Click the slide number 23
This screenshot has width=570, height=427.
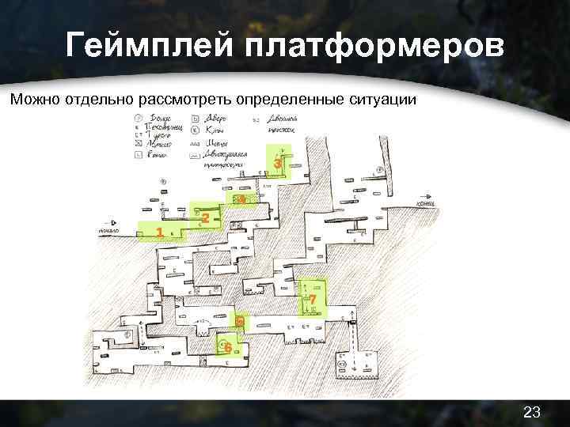coord(532,411)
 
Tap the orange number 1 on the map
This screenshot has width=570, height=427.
coord(160,232)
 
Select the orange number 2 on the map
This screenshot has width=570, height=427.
coord(205,217)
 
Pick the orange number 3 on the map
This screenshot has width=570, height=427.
coord(277,163)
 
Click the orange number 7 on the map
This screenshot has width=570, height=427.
coord(313,300)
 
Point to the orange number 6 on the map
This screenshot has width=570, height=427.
coord(228,348)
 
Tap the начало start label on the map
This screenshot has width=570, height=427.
coord(109,231)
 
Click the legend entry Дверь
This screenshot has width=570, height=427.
coord(214,119)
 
